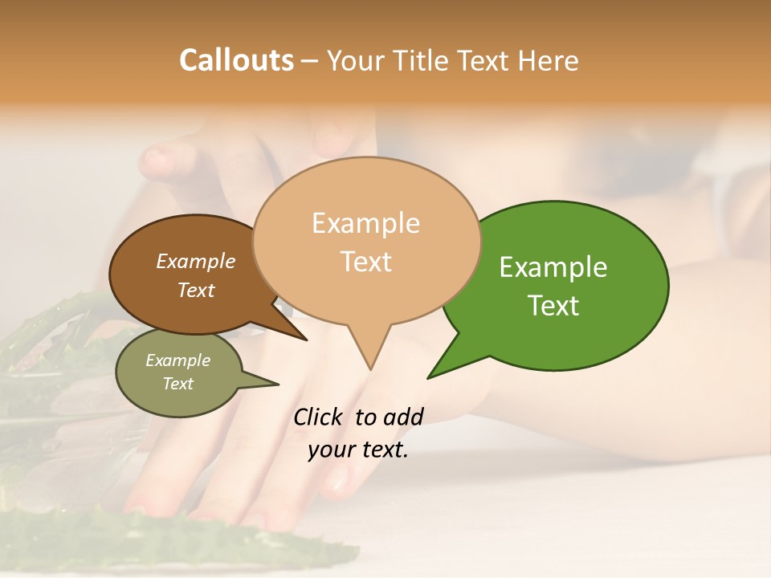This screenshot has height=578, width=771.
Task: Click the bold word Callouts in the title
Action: point(236,60)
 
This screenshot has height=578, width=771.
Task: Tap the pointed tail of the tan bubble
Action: point(369,357)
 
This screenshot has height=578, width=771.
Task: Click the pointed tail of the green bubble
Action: point(442,368)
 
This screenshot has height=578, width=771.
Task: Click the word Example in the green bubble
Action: point(553,267)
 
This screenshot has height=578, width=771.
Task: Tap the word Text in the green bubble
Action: point(553,305)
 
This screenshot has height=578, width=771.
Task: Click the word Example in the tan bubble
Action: point(365,223)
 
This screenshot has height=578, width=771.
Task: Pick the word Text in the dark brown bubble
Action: point(196,290)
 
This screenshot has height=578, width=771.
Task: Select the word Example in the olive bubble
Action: point(177,360)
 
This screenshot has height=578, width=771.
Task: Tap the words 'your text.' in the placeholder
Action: point(358,450)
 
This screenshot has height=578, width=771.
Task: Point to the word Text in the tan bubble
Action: point(366,262)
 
